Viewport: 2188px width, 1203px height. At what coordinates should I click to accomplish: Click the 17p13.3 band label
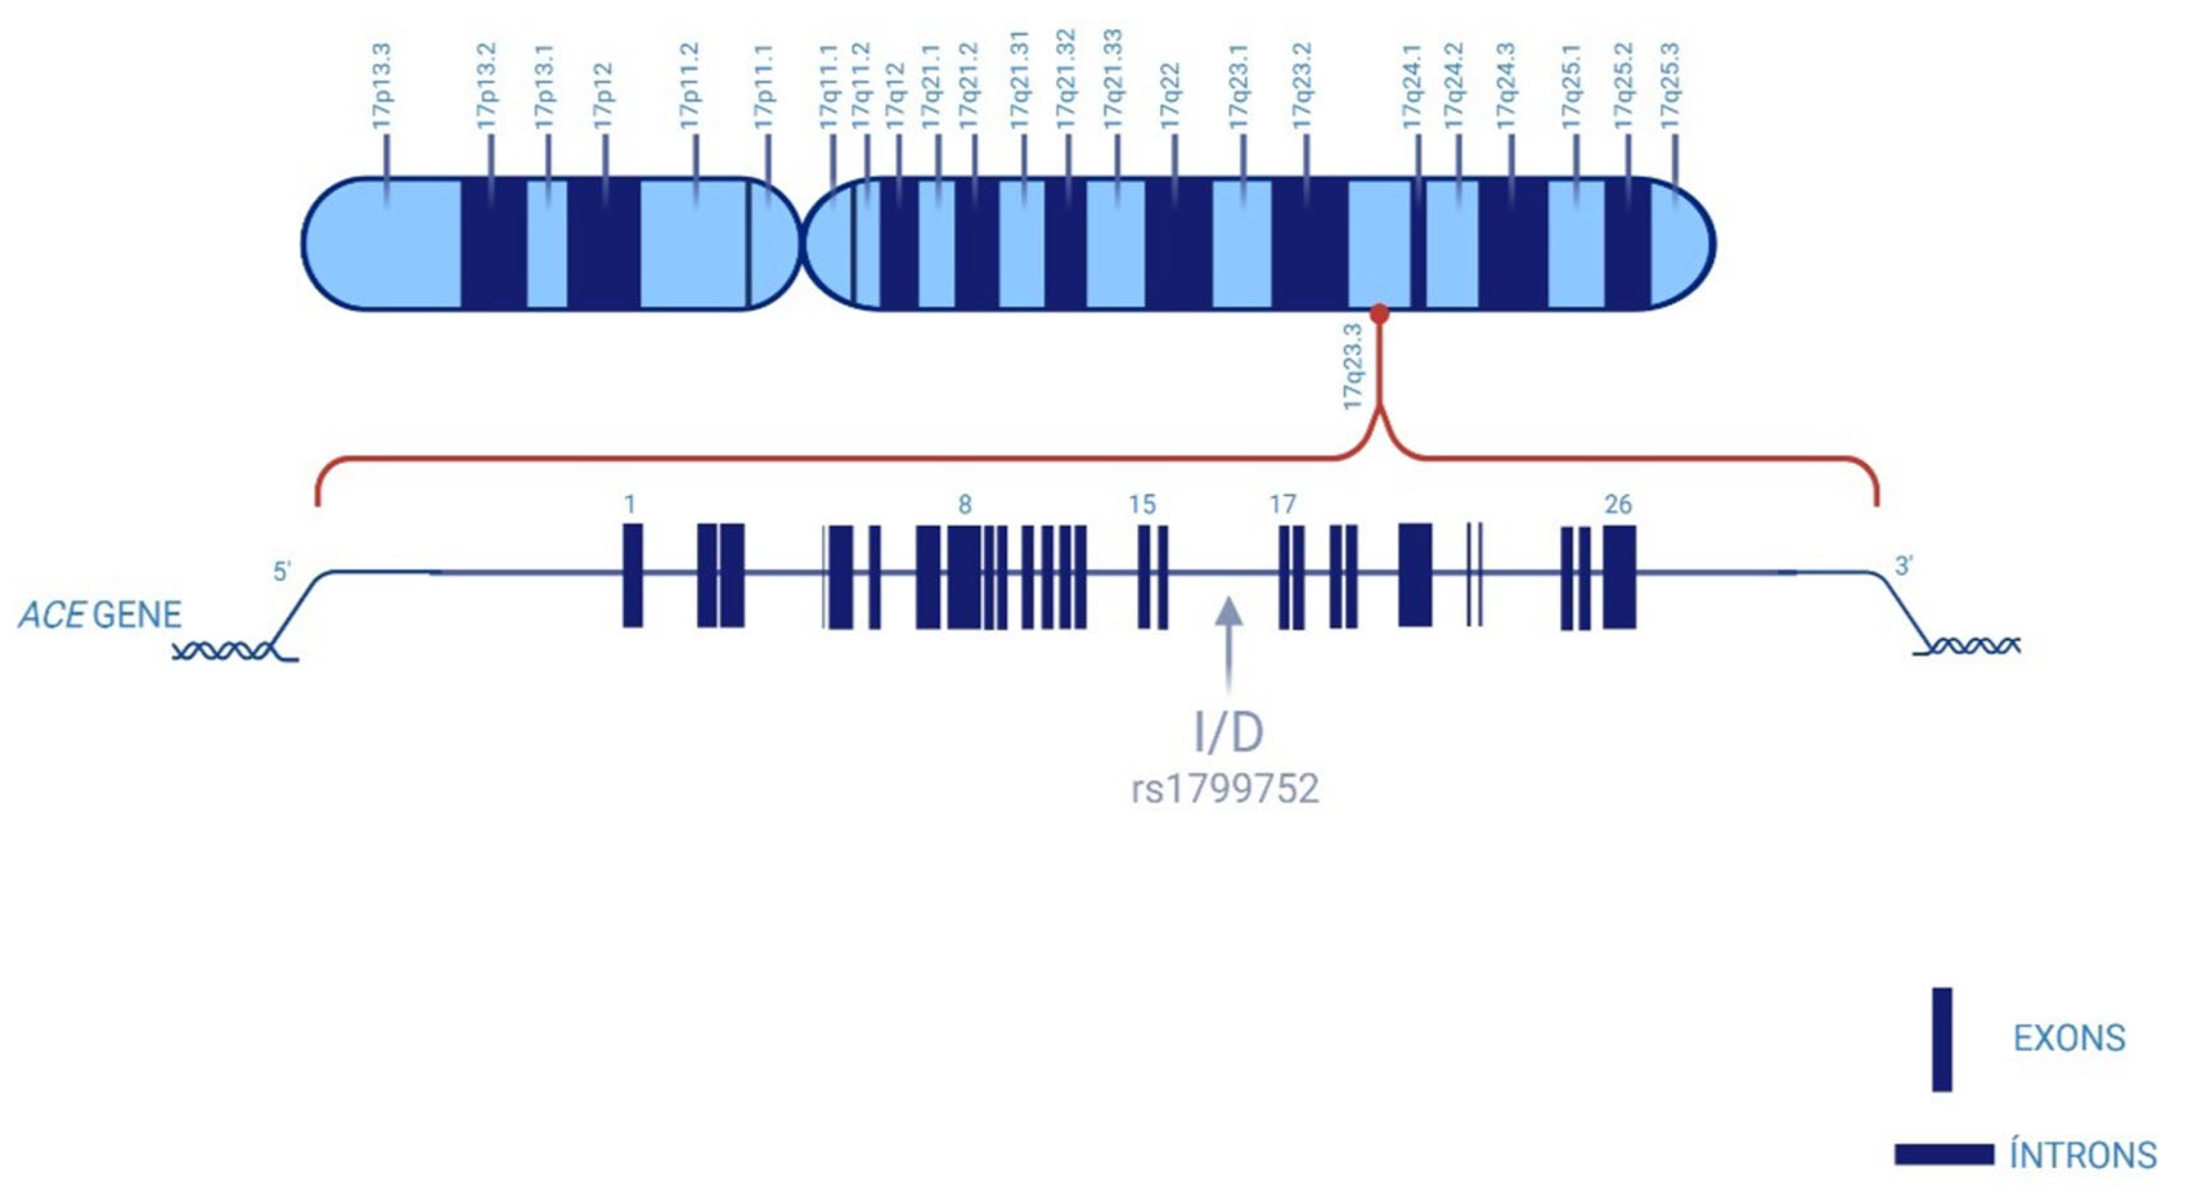click(x=381, y=86)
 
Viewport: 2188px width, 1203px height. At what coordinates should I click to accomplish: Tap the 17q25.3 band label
click(x=1671, y=86)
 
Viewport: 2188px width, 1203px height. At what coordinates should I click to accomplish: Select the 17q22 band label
click(x=1171, y=96)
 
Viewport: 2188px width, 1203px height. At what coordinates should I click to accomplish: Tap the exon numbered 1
click(x=633, y=576)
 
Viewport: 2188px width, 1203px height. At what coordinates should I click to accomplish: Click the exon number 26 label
click(x=1618, y=505)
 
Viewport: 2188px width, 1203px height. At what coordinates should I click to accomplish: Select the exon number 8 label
click(x=964, y=505)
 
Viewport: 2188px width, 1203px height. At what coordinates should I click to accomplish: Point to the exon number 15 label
click(x=1143, y=505)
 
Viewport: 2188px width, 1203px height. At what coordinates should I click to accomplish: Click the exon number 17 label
click(x=1283, y=505)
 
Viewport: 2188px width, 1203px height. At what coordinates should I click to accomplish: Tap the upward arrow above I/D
click(x=1228, y=646)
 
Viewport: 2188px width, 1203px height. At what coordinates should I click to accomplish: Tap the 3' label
click(x=1904, y=566)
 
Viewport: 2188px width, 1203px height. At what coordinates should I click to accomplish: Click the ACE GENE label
click(x=100, y=615)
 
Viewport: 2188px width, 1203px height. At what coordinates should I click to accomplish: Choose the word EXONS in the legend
click(x=2069, y=1038)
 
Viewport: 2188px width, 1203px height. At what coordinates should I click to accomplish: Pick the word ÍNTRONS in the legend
click(x=2083, y=1155)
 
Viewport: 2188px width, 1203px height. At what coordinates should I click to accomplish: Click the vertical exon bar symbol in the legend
click(x=1942, y=1039)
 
